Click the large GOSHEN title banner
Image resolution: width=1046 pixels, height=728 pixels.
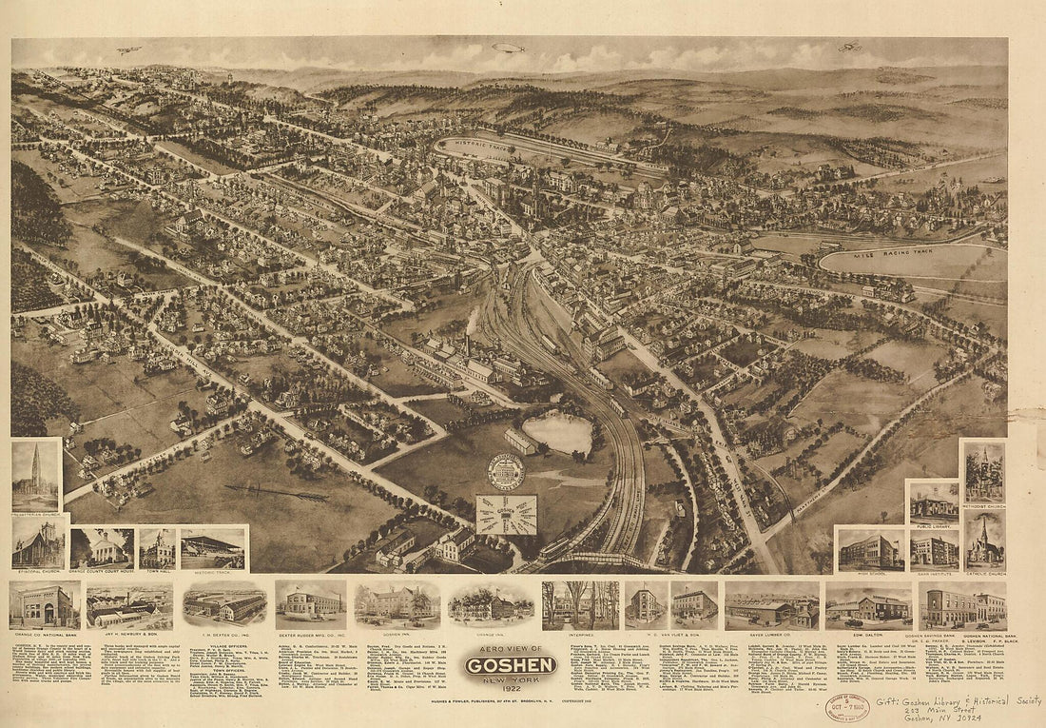click(510, 664)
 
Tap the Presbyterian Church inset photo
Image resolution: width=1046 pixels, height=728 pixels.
click(36, 476)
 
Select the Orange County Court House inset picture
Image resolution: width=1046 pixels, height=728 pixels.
click(102, 548)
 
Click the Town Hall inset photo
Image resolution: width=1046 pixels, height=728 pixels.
click(157, 548)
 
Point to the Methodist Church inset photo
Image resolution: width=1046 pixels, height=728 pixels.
click(983, 472)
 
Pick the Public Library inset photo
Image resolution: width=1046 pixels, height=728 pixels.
click(933, 502)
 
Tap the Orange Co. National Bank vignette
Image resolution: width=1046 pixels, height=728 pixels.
click(45, 605)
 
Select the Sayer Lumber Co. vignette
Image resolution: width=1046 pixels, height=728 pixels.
click(771, 605)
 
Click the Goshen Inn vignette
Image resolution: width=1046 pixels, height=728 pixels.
click(397, 605)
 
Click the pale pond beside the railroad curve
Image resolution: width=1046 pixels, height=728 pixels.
click(558, 433)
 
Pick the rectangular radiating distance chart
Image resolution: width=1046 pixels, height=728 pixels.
click(506, 515)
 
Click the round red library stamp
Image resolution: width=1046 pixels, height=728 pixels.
click(846, 708)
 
